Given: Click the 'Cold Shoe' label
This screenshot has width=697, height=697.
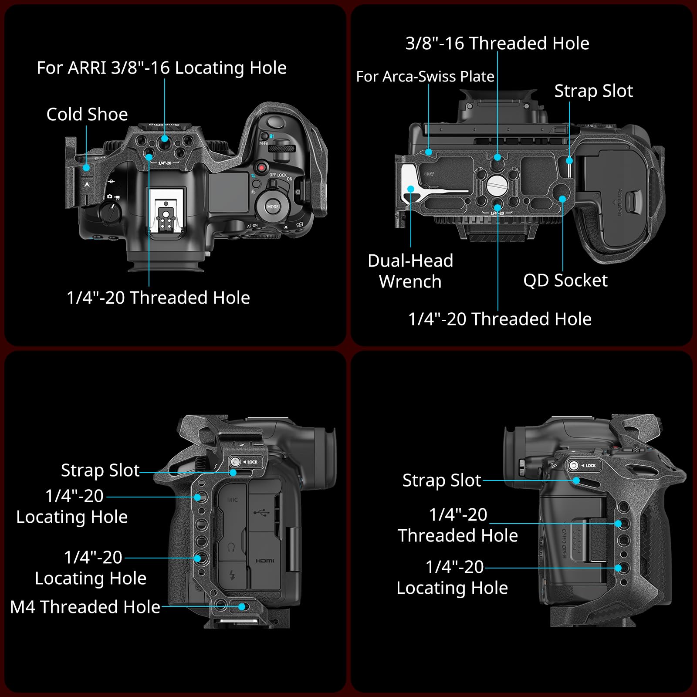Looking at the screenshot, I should pyautogui.click(x=87, y=115).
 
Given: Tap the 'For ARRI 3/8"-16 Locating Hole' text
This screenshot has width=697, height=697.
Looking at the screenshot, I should pyautogui.click(x=162, y=68).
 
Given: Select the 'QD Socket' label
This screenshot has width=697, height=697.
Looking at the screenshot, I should pyautogui.click(x=565, y=281).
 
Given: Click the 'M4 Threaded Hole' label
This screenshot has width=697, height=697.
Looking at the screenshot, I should pyautogui.click(x=85, y=607).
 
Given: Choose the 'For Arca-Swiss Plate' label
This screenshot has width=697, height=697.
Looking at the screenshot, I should pyautogui.click(x=425, y=77).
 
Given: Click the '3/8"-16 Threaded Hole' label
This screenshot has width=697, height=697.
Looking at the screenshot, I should pyautogui.click(x=497, y=44).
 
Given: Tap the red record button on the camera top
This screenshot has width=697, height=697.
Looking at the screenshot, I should pyautogui.click(x=261, y=167).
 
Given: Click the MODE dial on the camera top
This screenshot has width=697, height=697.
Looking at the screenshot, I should pyautogui.click(x=273, y=206).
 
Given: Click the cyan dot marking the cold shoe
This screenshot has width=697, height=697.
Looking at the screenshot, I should pyautogui.click(x=86, y=168).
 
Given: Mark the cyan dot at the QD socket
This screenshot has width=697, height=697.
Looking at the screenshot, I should pyautogui.click(x=562, y=199).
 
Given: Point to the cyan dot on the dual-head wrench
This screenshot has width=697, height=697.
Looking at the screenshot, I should pyautogui.click(x=411, y=189).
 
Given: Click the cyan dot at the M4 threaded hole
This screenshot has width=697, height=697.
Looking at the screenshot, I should pyautogui.click(x=242, y=606).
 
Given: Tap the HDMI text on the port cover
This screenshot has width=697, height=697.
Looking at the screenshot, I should pyautogui.click(x=265, y=561).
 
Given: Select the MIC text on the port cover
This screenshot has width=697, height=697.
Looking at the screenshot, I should pyautogui.click(x=233, y=500).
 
